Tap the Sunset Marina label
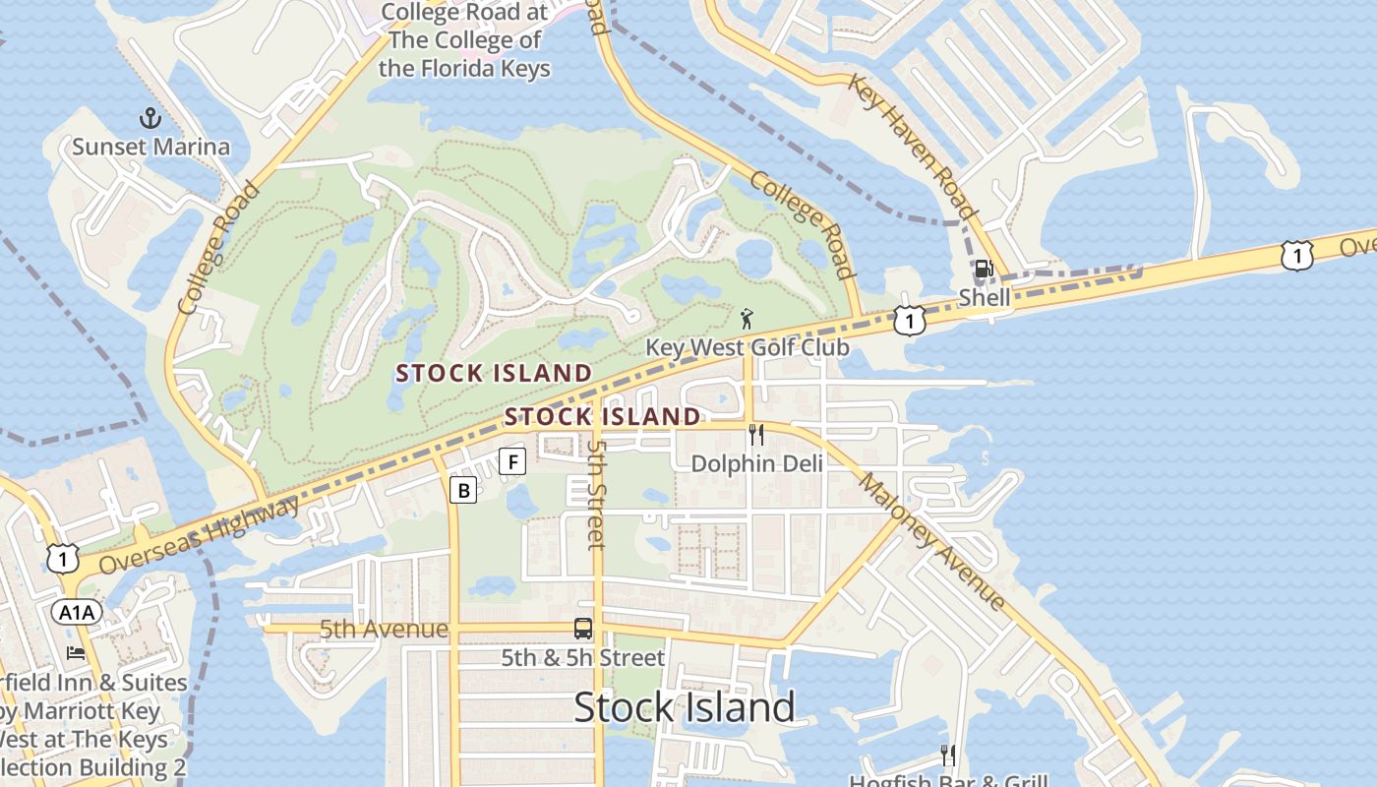pos(150,148)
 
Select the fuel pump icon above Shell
pos(983,269)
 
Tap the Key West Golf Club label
pos(747,347)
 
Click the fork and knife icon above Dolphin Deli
pos(755,434)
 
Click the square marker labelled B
pos(463,490)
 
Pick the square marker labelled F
pos(512,460)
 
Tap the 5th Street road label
pos(596,494)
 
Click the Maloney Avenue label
pos(931,541)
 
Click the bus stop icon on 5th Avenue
pos(583,628)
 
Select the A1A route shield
pos(77,613)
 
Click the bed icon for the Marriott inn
pos(76,653)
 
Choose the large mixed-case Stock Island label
pos(684,707)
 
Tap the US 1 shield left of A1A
pos(62,559)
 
